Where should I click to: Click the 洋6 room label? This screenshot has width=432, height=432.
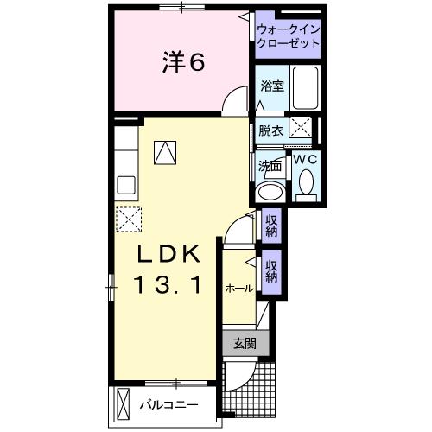click(183, 62)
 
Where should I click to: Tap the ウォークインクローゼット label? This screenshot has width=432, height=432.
click(287, 36)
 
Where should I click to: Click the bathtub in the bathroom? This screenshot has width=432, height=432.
click(305, 88)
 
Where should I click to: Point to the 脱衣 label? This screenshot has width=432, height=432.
click(270, 130)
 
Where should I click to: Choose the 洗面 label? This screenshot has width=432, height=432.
click(270, 166)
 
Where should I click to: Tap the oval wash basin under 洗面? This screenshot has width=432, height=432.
click(271, 192)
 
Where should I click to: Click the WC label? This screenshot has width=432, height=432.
click(305, 159)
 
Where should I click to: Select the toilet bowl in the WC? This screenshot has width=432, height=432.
click(305, 182)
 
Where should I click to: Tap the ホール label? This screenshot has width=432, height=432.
click(238, 289)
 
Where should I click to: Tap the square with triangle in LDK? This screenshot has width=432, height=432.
click(164, 152)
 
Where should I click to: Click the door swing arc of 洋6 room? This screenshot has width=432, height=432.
click(233, 102)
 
